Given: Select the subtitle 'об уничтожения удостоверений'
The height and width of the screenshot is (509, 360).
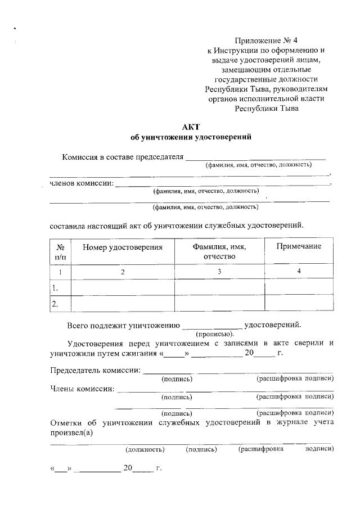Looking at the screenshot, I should pyautogui.click(x=191, y=137).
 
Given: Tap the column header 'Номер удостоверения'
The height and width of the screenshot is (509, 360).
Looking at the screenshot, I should pyautogui.click(x=123, y=247).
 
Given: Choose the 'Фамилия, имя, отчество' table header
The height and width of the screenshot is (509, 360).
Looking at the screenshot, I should pyautogui.click(x=219, y=251).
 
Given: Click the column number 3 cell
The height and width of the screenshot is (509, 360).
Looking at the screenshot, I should pyautogui.click(x=219, y=272).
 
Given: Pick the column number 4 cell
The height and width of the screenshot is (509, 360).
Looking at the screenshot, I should pyautogui.click(x=299, y=272).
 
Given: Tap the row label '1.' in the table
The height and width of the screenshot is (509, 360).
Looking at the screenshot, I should pyautogui.click(x=55, y=287).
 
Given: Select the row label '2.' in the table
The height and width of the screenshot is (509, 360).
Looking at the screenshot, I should pyautogui.click(x=55, y=304).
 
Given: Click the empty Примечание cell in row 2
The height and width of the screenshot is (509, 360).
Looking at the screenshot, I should pyautogui.click(x=299, y=303).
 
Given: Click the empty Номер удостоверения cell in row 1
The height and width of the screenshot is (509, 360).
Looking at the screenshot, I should pyautogui.click(x=123, y=287).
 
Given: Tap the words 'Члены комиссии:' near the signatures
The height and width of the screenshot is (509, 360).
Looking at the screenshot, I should pyautogui.click(x=82, y=389).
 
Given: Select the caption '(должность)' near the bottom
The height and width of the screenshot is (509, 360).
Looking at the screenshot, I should pyautogui.click(x=145, y=449).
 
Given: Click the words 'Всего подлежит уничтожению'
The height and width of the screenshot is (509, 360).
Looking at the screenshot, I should pyautogui.click(x=123, y=325).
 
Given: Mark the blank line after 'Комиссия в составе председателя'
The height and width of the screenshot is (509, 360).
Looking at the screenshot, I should pyautogui.click(x=256, y=159).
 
